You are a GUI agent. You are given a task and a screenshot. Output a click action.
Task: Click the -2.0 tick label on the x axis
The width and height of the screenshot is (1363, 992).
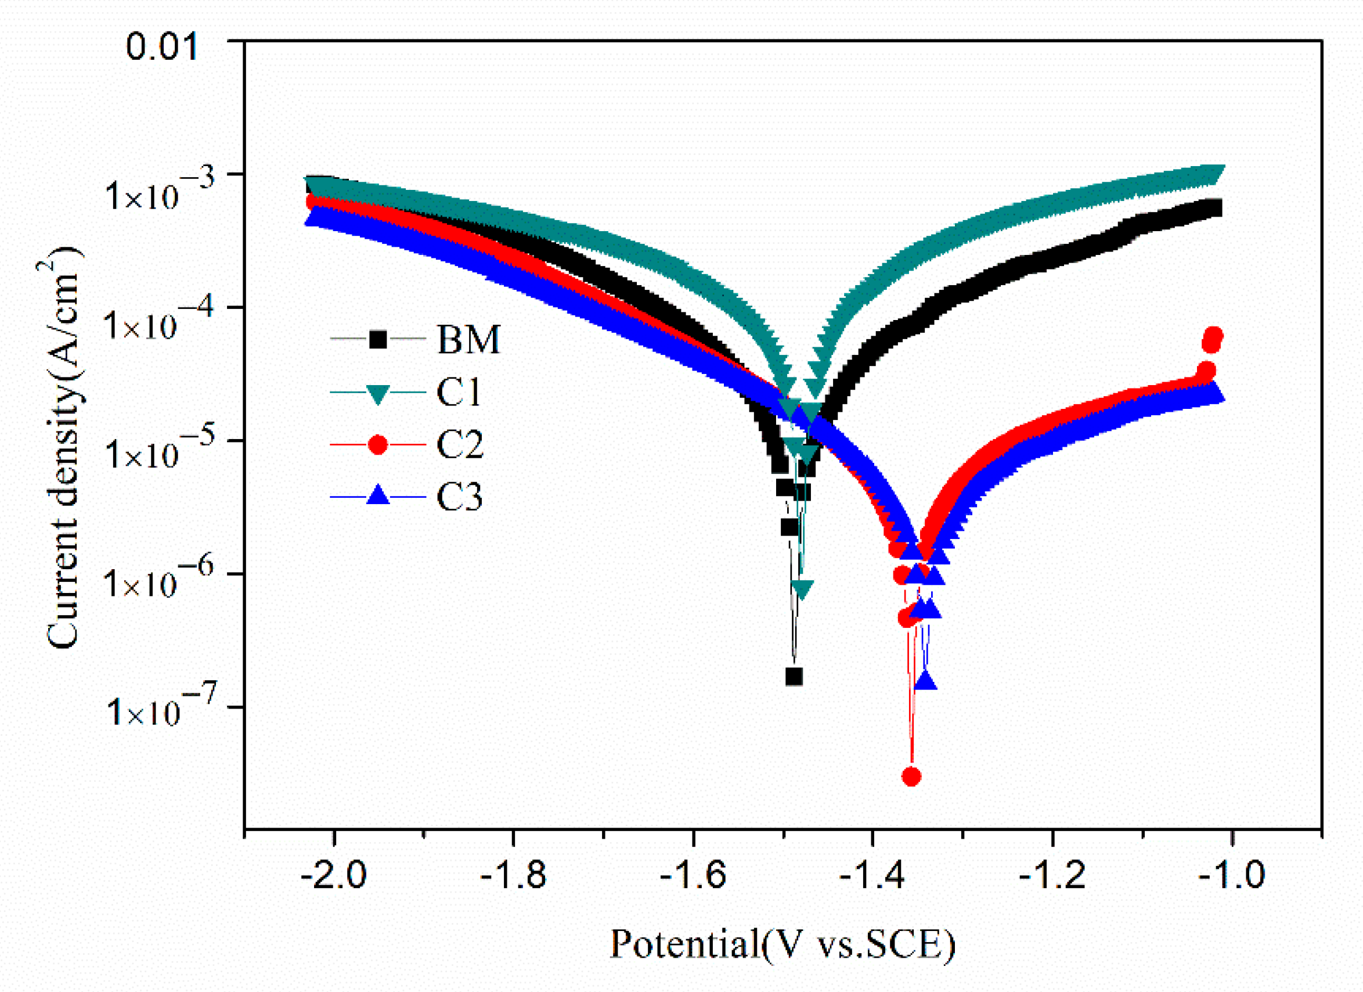[334, 875]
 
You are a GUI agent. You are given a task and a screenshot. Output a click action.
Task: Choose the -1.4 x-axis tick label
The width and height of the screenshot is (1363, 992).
[872, 875]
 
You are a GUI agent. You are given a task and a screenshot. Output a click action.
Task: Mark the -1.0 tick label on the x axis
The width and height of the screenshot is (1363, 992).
[1231, 875]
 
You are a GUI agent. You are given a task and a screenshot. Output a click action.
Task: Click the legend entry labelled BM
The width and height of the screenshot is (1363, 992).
[468, 340]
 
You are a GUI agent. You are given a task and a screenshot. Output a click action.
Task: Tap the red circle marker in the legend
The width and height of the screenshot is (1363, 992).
[377, 445]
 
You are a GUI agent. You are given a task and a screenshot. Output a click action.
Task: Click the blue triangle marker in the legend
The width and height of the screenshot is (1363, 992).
[377, 496]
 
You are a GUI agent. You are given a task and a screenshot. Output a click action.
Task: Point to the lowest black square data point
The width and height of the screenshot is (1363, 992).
[794, 677]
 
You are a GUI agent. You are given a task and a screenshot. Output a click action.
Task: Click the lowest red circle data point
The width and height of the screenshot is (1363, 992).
[912, 777]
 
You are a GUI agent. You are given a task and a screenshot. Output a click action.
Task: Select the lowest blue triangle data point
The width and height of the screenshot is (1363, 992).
[926, 681]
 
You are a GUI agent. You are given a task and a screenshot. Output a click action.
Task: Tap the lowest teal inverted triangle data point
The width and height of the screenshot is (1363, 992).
[802, 589]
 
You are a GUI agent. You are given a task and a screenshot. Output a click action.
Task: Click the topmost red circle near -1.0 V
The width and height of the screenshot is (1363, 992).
[1214, 336]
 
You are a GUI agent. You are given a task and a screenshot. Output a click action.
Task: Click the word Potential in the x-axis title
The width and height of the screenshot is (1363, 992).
[684, 944]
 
